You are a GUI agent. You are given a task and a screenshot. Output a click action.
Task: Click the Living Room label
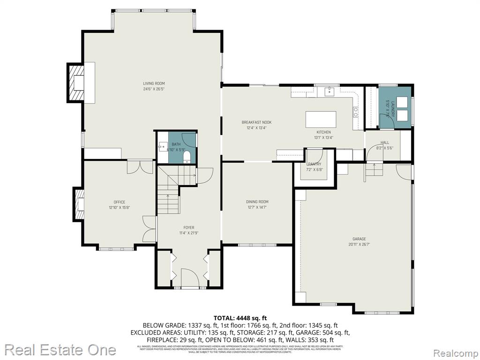(154, 83)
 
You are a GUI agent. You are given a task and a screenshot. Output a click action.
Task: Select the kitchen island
(321, 119)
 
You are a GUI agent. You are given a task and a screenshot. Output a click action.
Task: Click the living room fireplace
(76, 83)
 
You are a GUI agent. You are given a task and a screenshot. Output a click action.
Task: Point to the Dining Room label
(257, 202)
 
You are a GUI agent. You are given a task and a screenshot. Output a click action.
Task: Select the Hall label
(384, 142)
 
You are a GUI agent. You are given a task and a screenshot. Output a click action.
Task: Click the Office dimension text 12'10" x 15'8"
(119, 207)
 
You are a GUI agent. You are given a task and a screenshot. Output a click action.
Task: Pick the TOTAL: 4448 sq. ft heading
(240, 318)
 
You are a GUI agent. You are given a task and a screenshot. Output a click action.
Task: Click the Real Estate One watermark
(60, 350)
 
